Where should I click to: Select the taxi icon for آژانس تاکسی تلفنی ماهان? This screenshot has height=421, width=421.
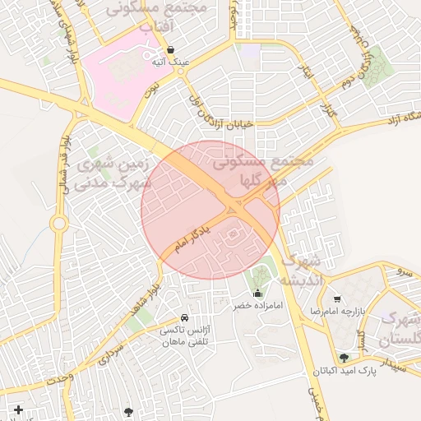tap(183, 318)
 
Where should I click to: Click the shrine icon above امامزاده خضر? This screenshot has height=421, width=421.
tap(257, 294)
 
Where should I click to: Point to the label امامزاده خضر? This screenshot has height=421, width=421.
tap(257, 305)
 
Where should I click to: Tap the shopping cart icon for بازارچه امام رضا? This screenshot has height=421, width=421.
tap(337, 299)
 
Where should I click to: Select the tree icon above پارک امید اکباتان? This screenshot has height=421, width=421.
tap(344, 358)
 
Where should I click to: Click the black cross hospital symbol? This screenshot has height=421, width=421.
tap(18, 409)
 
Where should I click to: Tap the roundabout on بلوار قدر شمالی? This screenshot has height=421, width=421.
tap(58, 223)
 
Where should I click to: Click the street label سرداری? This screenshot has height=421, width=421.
tap(110, 354)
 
